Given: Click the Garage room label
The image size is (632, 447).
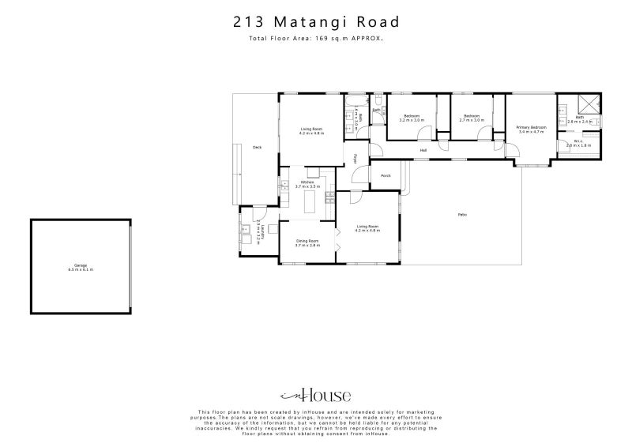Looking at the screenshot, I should coord(80,266).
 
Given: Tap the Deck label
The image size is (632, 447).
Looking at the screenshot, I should coord(257,148).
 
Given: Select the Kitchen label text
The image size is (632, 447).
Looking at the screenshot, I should coord(307,182).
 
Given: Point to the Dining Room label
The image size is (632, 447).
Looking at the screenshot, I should coord(307,241).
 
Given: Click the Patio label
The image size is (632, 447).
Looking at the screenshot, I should coord(461,214).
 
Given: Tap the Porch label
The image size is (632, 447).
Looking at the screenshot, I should coord(386,175).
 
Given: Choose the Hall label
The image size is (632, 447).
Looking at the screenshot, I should coord(423,150).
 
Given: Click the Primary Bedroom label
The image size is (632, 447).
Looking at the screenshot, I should coord(532,127).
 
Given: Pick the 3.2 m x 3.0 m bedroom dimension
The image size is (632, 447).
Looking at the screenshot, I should coord(412,120).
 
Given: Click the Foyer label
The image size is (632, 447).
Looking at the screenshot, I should coord(355,159).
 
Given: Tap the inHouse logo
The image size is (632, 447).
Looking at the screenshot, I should coord(316,396).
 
